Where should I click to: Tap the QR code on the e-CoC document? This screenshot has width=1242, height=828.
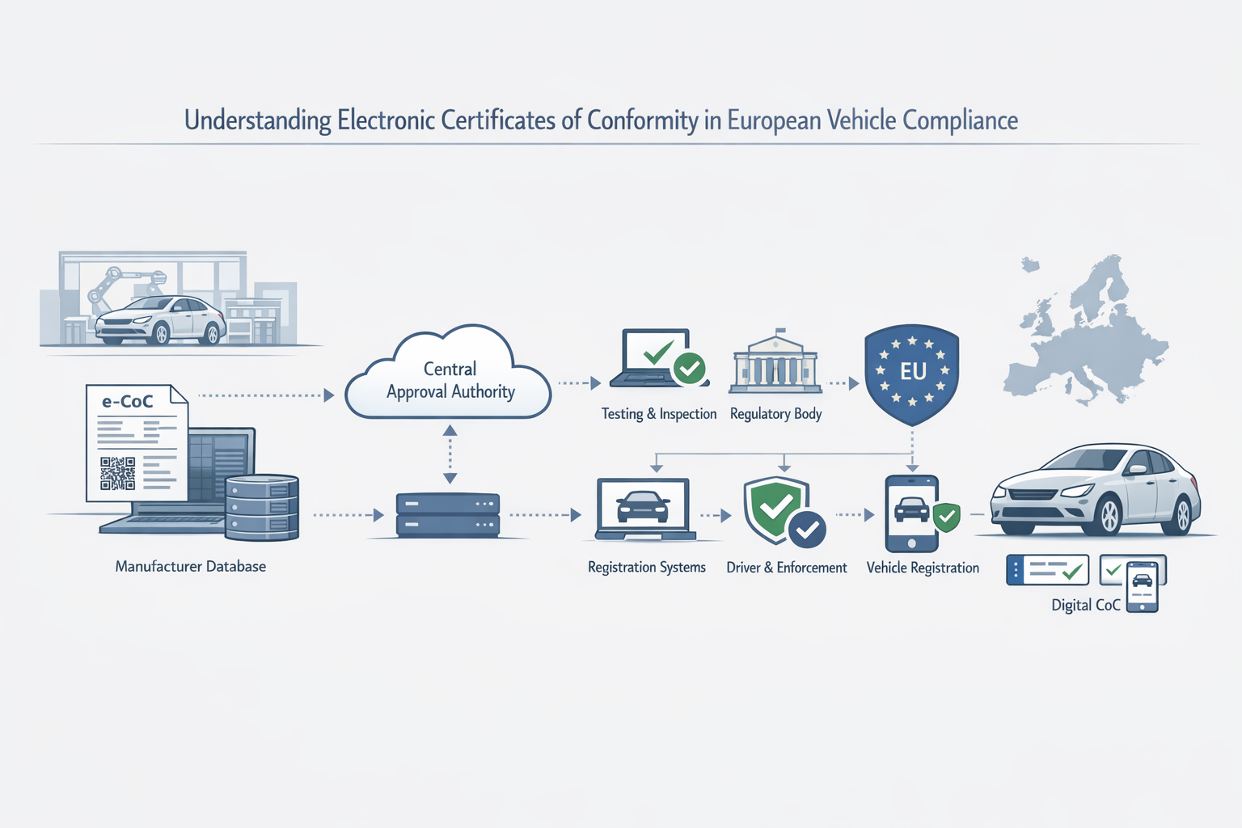[x=117, y=474]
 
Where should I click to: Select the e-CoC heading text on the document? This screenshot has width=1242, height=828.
[x=127, y=401]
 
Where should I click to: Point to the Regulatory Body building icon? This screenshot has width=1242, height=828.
[x=775, y=365]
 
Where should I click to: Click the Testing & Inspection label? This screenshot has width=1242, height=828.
[x=658, y=414]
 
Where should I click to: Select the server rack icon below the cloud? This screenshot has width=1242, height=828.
[x=448, y=515]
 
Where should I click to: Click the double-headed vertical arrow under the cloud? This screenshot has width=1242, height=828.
[x=450, y=454]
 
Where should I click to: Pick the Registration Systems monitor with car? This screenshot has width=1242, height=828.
[x=644, y=508]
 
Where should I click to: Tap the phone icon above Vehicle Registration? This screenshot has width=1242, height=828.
[x=912, y=513]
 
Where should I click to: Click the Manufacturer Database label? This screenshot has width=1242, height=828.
[x=190, y=567]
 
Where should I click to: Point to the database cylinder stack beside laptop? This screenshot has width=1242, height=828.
[x=262, y=507]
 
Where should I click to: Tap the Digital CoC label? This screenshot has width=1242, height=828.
[x=1085, y=605]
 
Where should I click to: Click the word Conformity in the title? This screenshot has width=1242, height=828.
[x=642, y=120]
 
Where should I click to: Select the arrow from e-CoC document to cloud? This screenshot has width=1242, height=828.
[x=267, y=395]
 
